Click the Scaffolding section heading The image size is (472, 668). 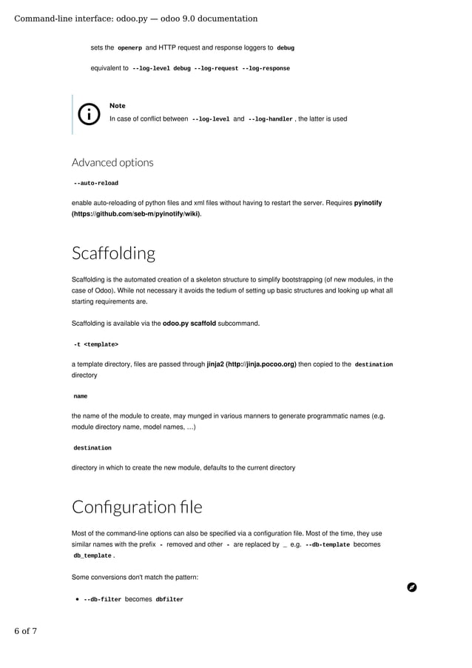(113, 253)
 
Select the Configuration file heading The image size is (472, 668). (137, 507)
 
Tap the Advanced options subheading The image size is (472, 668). (112, 162)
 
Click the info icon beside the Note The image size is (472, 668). (89, 113)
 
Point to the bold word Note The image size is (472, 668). (117, 106)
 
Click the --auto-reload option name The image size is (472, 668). (95, 183)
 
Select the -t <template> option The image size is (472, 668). (95, 344)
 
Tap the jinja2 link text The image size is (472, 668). (252, 364)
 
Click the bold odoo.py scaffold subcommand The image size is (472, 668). (189, 324)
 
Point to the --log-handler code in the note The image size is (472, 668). (270, 118)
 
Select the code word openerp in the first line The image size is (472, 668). (129, 48)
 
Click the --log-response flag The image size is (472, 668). (266, 68)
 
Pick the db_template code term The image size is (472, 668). (92, 555)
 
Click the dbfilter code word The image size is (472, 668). (169, 599)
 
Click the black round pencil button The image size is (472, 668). (412, 587)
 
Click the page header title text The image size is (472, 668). (136, 19)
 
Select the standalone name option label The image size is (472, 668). (81, 397)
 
